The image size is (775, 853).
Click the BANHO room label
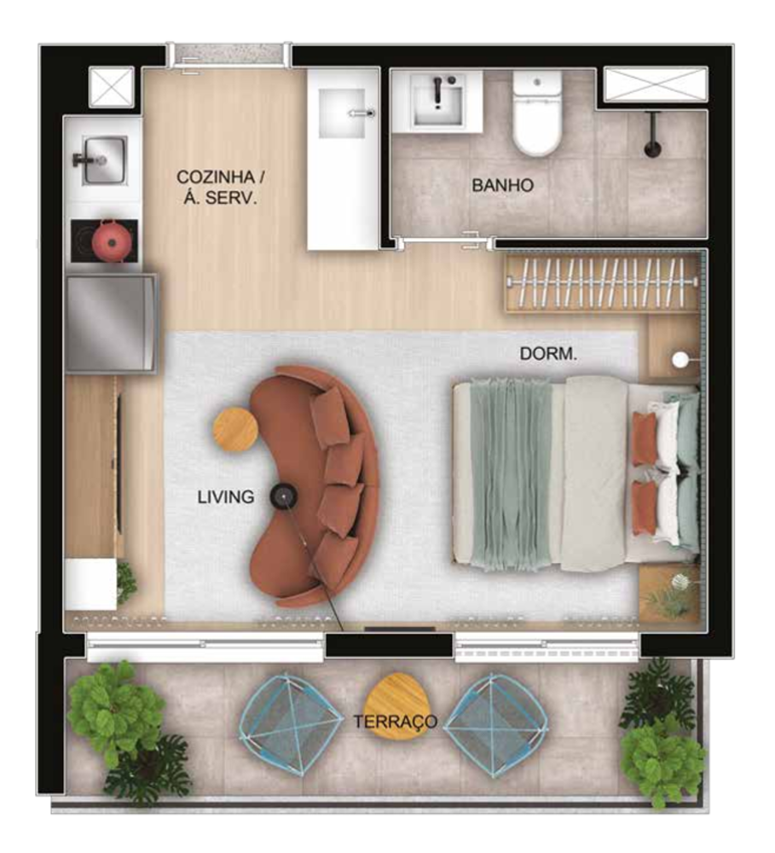[502, 185]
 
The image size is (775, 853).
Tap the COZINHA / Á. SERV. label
[221, 188]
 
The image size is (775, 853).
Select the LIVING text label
[226, 496]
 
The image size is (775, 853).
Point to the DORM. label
[548, 353]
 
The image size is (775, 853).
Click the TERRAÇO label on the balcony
[396, 722]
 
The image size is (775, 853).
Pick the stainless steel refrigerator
[112, 322]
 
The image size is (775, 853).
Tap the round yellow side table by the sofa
[235, 431]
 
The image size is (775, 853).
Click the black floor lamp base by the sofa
[283, 494]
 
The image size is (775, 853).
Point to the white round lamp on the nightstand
[680, 360]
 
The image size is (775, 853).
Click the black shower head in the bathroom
[651, 141]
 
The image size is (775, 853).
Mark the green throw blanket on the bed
[511, 473]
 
